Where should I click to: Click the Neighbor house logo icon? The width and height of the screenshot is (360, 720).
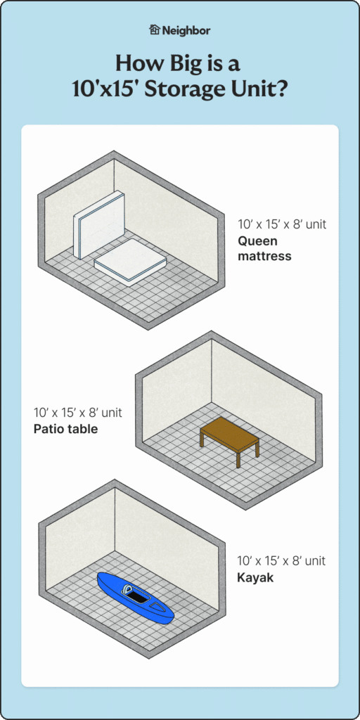click(155, 30)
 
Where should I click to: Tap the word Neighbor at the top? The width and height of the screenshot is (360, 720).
click(186, 30)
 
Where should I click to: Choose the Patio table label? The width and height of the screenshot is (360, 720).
click(65, 427)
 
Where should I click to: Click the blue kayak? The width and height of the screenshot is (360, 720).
click(134, 598)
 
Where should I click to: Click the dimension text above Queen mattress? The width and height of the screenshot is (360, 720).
click(281, 225)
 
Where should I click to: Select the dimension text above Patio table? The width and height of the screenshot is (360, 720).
click(77, 412)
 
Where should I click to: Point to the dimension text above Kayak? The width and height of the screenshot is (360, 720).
click(281, 561)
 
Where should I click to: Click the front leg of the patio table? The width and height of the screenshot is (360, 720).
click(238, 460)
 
